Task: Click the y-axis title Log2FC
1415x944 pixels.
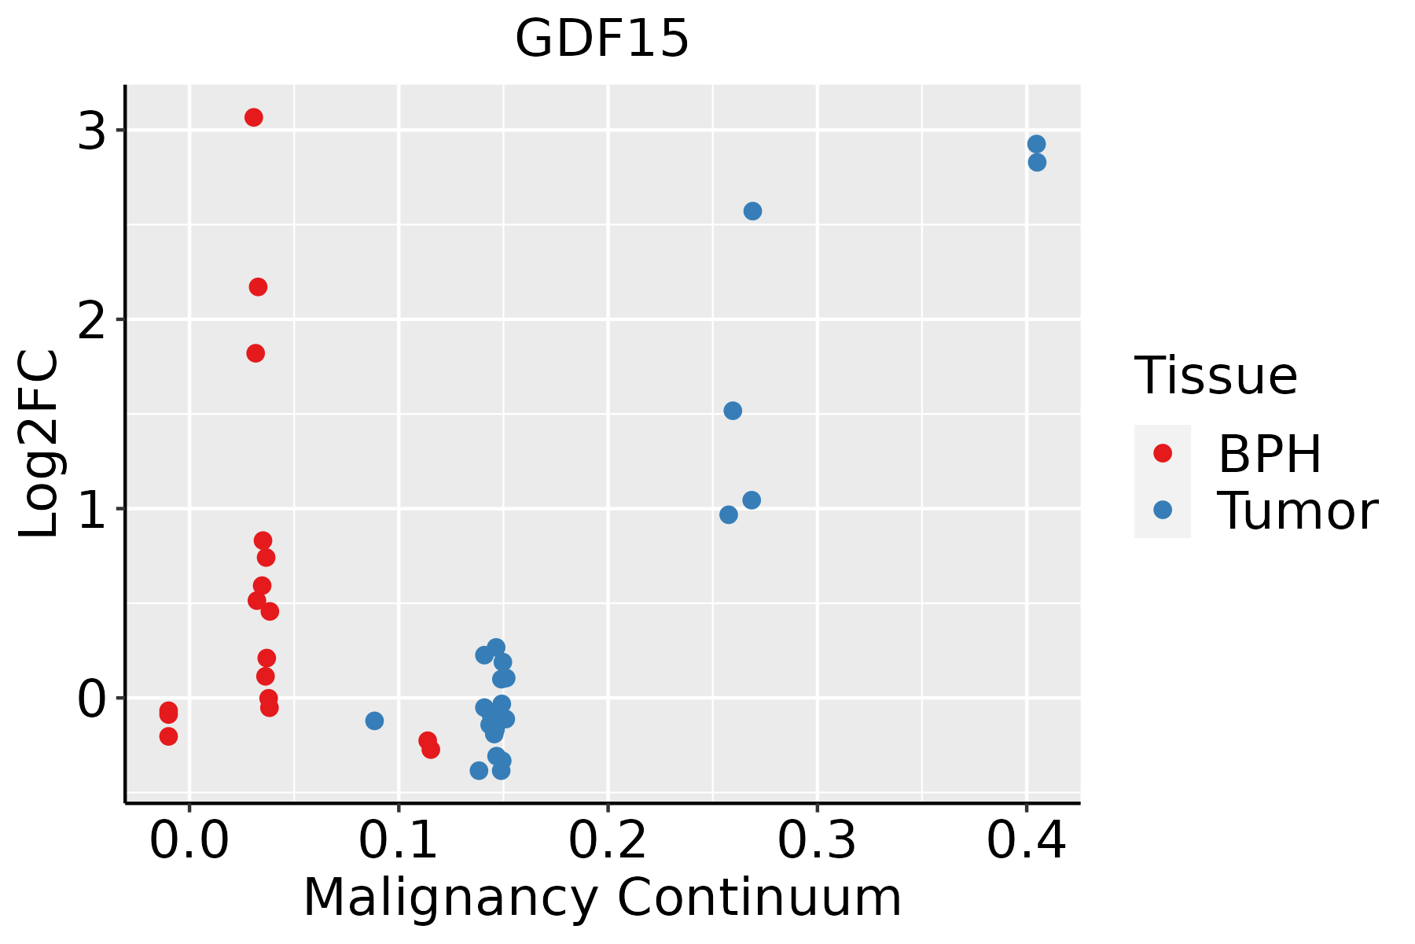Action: [x=39, y=444]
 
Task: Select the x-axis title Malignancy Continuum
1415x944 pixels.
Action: [x=602, y=898]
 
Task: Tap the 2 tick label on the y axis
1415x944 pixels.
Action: [x=92, y=320]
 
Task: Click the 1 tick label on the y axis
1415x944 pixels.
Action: [x=92, y=510]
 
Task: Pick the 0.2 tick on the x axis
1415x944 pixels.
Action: [x=608, y=842]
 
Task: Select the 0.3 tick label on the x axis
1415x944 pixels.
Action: [x=817, y=842]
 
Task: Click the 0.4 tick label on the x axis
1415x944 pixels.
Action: [x=1026, y=842]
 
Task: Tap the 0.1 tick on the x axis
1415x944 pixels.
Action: [x=399, y=842]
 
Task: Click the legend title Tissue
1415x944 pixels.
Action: [x=1216, y=376]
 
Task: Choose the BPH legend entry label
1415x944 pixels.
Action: [x=1270, y=454]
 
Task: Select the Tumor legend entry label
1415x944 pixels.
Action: [x=1297, y=511]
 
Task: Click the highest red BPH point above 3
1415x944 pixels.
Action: [x=253, y=117]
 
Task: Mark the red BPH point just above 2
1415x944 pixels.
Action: [x=258, y=286]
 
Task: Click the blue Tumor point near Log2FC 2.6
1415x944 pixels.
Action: [x=752, y=211]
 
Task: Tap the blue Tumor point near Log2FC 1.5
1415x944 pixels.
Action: [x=733, y=411]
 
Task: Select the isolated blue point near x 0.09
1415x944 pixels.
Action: [x=374, y=721]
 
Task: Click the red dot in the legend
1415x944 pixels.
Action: [x=1162, y=453]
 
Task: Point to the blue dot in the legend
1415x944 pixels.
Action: [x=1162, y=511]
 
